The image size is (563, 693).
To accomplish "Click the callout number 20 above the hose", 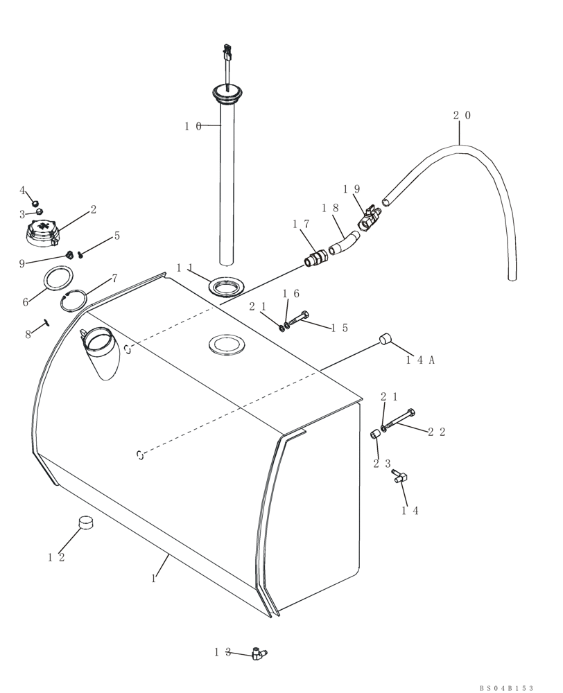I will (x=462, y=116).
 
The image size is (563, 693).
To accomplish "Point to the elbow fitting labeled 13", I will (x=259, y=652).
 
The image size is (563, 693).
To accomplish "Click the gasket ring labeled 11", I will (x=226, y=287).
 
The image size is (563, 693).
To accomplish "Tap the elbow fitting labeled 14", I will (x=400, y=477).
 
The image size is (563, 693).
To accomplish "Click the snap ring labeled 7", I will (x=74, y=301).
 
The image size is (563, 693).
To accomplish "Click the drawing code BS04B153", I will (x=505, y=687).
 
